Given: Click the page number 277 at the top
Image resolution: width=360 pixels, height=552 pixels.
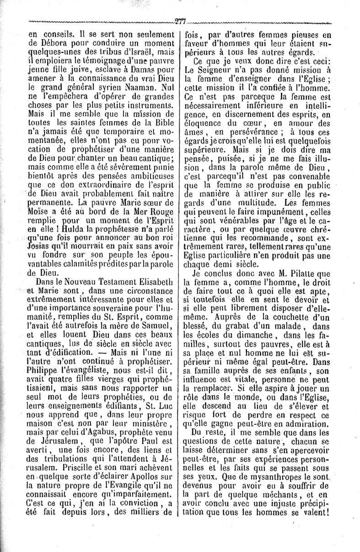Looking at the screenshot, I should point(179,21).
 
